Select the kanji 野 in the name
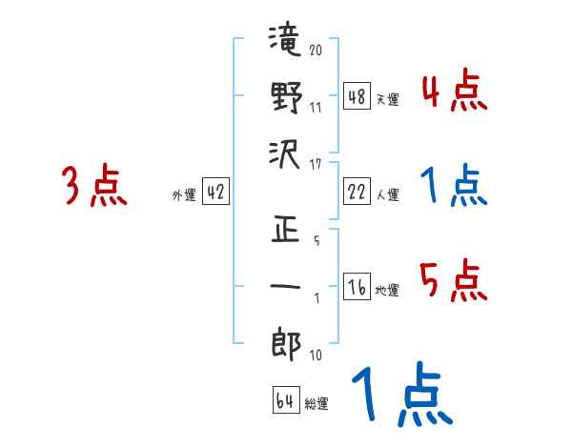[x=285, y=97]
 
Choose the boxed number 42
[x=215, y=193]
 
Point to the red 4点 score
[x=454, y=92]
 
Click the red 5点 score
[x=454, y=282]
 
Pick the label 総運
[x=317, y=404]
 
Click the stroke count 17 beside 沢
[x=316, y=163]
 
